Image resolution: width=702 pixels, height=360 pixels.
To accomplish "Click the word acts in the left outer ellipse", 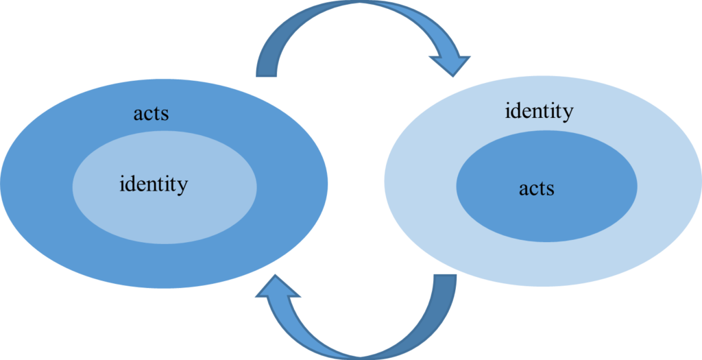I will (x=151, y=113).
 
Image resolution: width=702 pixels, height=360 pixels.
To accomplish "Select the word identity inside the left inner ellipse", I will (x=154, y=184).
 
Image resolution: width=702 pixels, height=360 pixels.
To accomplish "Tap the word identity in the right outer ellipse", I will (x=539, y=111).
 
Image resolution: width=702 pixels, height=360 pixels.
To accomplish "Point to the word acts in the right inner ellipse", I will (x=536, y=188).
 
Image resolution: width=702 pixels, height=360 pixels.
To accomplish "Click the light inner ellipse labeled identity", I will (x=165, y=213).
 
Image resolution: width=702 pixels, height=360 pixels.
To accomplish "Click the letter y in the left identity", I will (x=182, y=187).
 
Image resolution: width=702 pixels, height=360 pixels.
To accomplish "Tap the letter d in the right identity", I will (x=516, y=110).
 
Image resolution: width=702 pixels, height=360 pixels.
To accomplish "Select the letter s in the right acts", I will (x=550, y=189).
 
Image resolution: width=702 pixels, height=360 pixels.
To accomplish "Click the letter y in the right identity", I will (x=567, y=114).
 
